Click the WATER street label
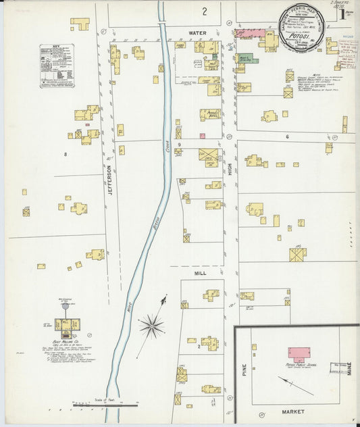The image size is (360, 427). coord(197,32)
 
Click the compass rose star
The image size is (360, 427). coord(152,326)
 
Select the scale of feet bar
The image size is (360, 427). coord(108,404)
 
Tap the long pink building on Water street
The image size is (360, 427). coord(250,32)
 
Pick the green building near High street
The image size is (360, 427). coord(245,59)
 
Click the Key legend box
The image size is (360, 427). coord(57,66)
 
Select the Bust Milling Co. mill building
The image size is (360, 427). coord(68,326)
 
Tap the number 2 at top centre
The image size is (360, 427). coord(204,11)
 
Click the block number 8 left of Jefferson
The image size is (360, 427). coord(66,155)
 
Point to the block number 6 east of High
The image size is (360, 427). coord(287,136)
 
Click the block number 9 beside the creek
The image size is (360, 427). coord(180,145)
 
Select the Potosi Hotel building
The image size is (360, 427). coord(210,114)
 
